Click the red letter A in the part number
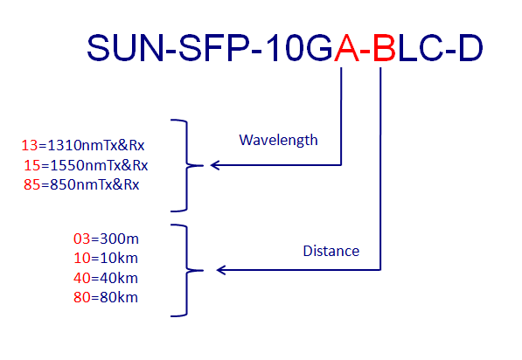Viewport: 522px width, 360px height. pos(346,48)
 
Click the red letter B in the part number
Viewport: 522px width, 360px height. pos(385,48)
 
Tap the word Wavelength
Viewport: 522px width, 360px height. pos(278,140)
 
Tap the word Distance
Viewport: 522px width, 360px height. pos(331,251)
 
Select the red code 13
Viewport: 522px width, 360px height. pos(30,145)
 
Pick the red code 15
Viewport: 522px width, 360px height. pos(32,165)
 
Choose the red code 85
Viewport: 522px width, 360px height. pos(32,184)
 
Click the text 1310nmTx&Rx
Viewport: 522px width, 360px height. pos(96,145)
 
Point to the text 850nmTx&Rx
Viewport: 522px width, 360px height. pos(94,184)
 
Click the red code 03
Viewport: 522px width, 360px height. pos(82,239)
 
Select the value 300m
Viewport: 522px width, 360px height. pos(119,239)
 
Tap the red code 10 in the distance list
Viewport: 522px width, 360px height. pos(82,258)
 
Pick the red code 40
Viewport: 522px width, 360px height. pos(82,278)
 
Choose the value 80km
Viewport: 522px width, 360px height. pos(119,297)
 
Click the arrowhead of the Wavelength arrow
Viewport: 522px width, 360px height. pos(215,165)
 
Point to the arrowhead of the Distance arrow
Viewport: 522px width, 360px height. pos(221,270)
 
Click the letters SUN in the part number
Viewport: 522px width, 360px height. pos(126,48)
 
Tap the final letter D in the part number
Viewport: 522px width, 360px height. pos(470,48)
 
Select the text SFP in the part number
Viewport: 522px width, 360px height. pos(214,48)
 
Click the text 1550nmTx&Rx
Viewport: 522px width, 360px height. pos(99,165)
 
